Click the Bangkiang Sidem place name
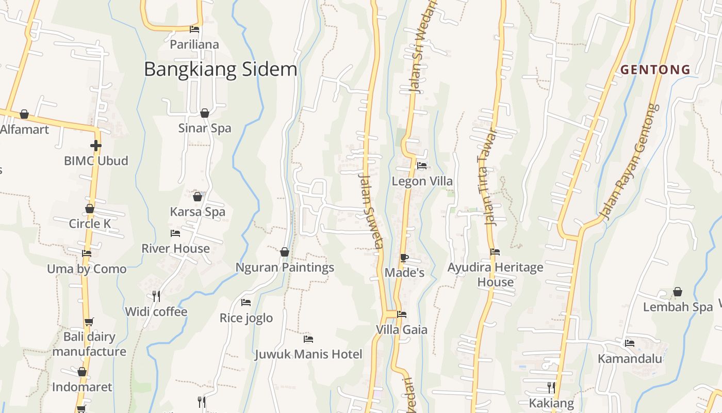click(220, 69)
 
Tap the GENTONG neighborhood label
click(655, 69)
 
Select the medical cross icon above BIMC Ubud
click(95, 146)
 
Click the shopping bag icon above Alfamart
click(24, 114)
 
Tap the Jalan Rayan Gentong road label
click(630, 162)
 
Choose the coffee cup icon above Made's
click(404, 258)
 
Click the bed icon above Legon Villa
click(422, 166)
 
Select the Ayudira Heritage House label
click(495, 275)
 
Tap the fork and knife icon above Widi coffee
click(156, 296)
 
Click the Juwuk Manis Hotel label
click(308, 354)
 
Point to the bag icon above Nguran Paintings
click(285, 252)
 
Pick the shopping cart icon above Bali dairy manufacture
click(89, 322)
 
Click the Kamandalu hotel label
click(630, 358)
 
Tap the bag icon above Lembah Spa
click(678, 292)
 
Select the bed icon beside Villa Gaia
click(402, 314)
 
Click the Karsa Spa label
click(198, 212)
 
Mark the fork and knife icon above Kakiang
click(551, 387)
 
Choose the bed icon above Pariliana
click(194, 29)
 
